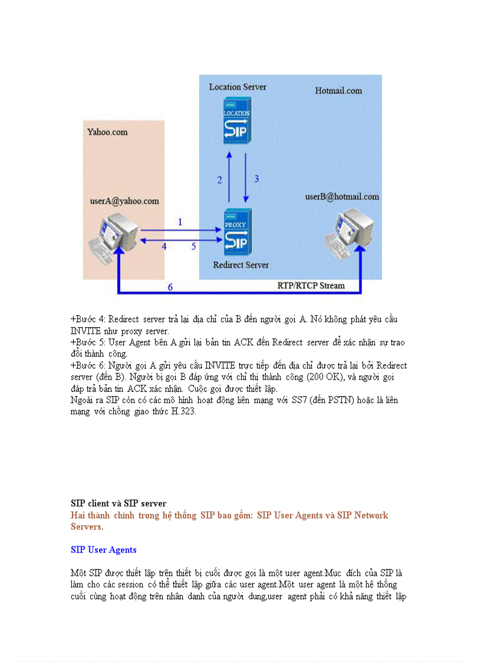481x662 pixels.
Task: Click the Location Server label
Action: (238, 87)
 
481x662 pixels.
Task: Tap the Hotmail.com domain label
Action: (338, 91)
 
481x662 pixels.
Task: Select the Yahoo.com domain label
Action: (107, 132)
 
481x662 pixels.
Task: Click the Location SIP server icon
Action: (237, 121)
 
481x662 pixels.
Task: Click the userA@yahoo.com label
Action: (124, 201)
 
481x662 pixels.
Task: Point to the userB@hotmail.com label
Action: (342, 197)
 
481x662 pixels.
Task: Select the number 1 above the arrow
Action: (180, 222)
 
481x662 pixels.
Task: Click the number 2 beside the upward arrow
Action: (219, 180)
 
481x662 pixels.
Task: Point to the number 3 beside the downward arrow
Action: (256, 178)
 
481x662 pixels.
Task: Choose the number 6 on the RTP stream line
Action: (170, 287)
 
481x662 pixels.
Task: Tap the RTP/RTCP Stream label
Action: (311, 285)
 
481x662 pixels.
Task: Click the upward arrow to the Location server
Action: (230, 177)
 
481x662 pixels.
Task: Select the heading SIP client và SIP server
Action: (118, 503)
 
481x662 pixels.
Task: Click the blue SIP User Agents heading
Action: (104, 550)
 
